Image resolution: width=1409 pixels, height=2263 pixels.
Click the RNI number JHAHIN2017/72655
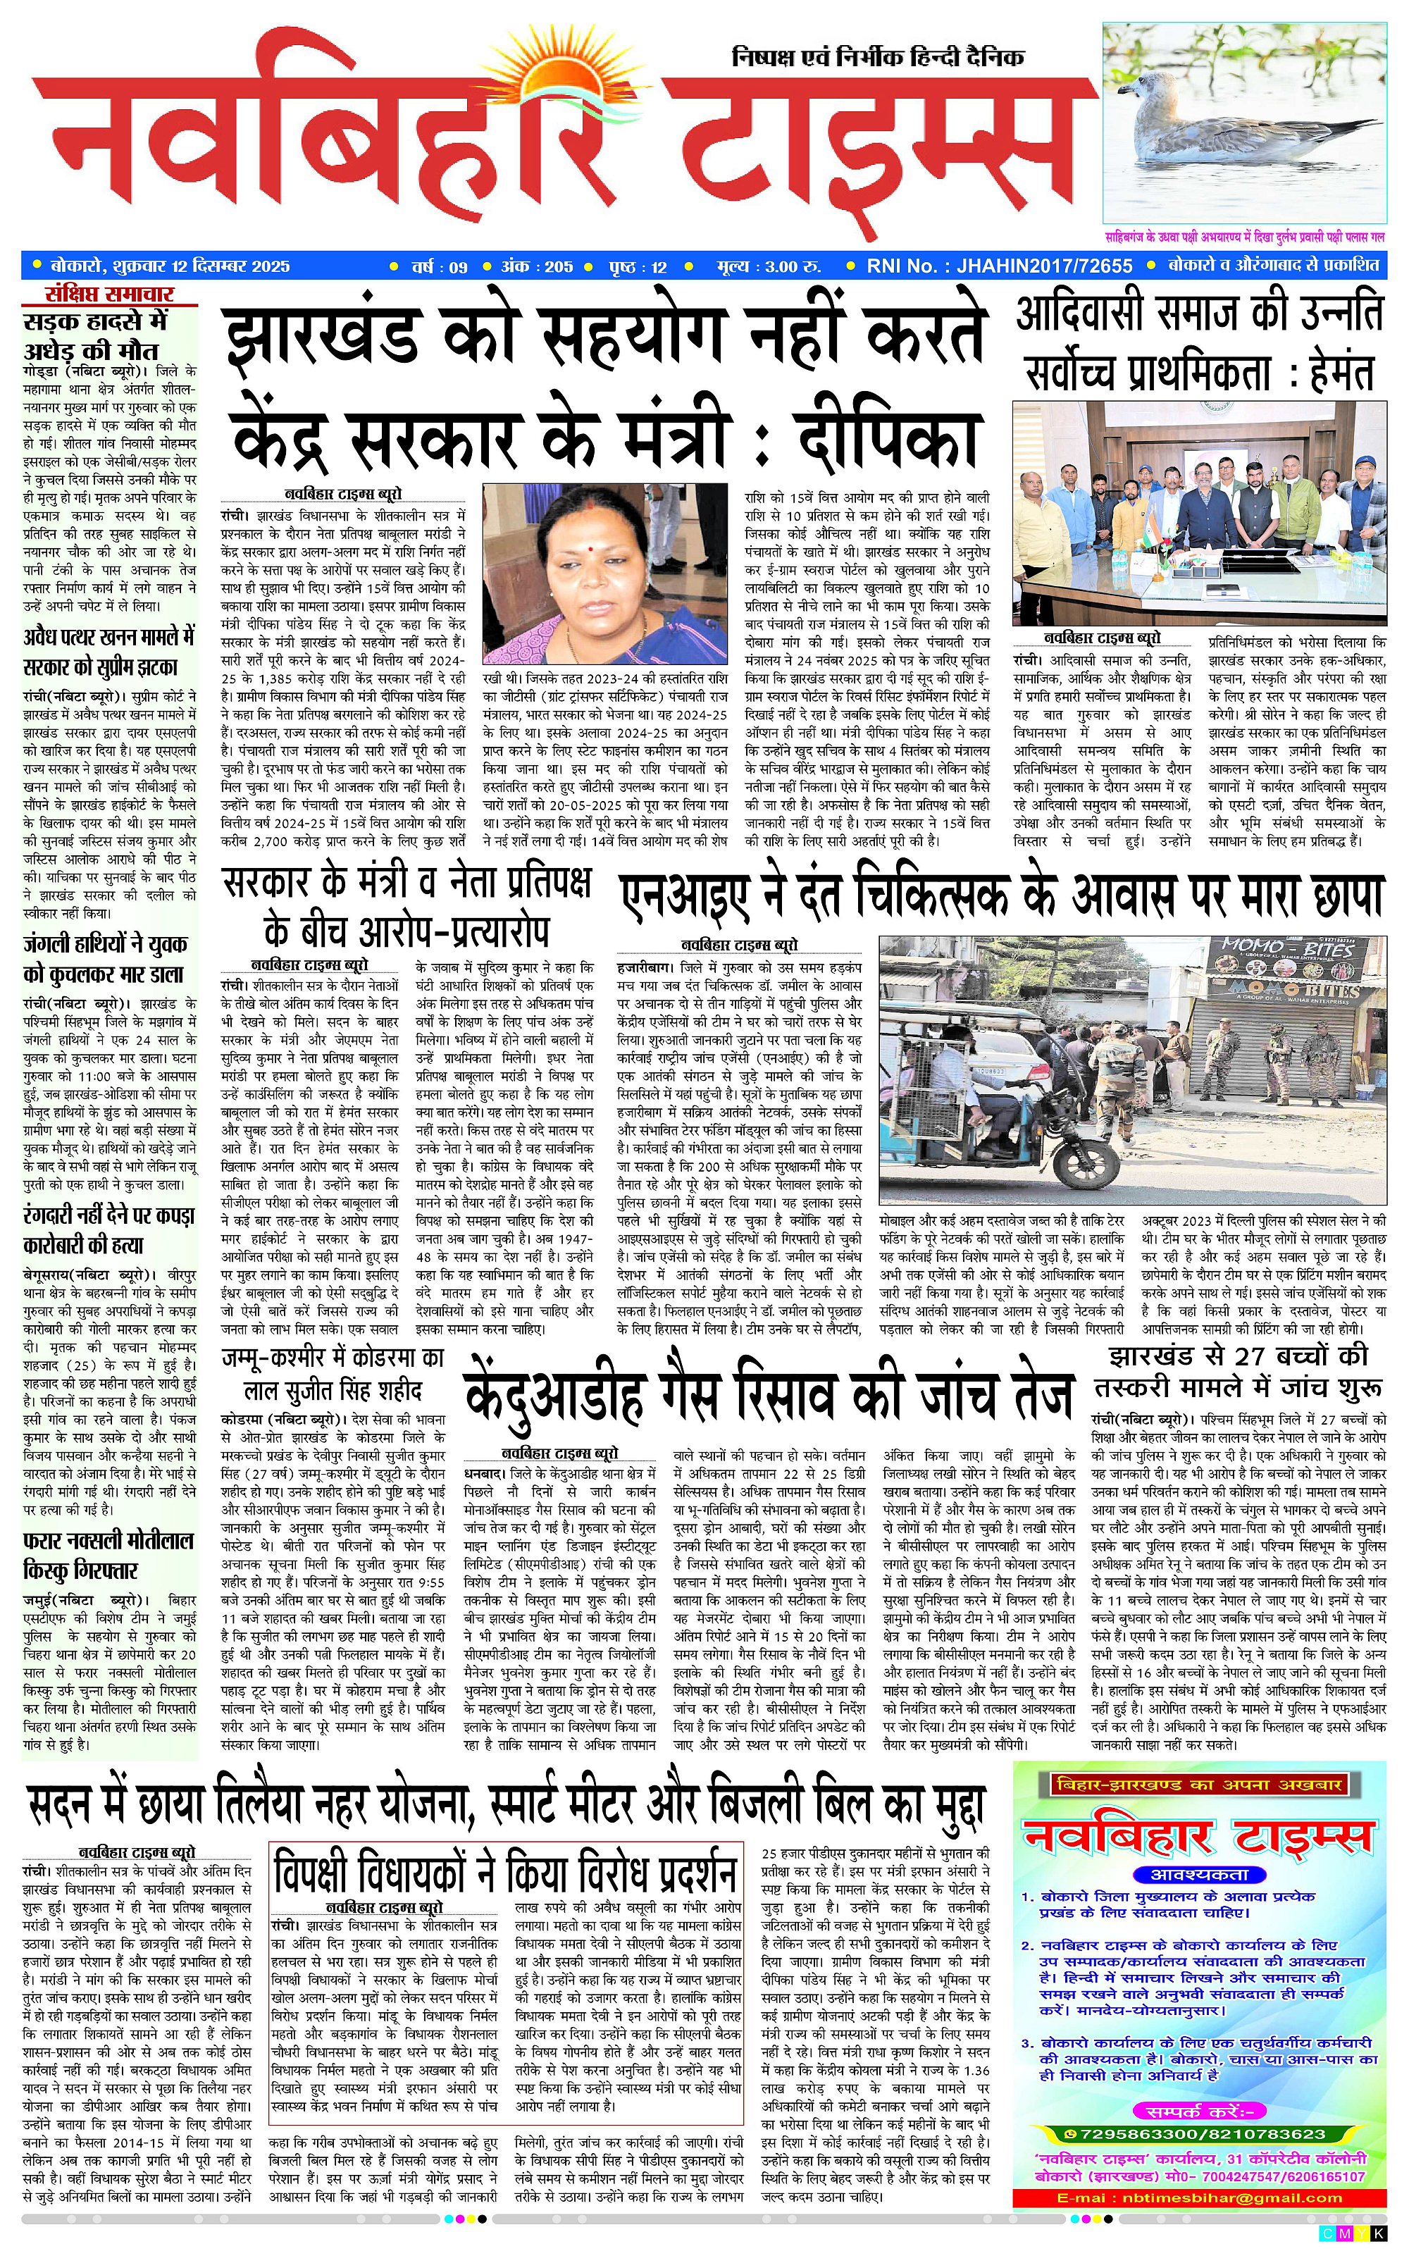(999, 266)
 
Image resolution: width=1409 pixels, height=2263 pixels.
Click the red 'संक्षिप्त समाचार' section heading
(110, 295)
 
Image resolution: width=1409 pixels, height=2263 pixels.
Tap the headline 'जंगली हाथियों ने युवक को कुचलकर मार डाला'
(104, 960)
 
